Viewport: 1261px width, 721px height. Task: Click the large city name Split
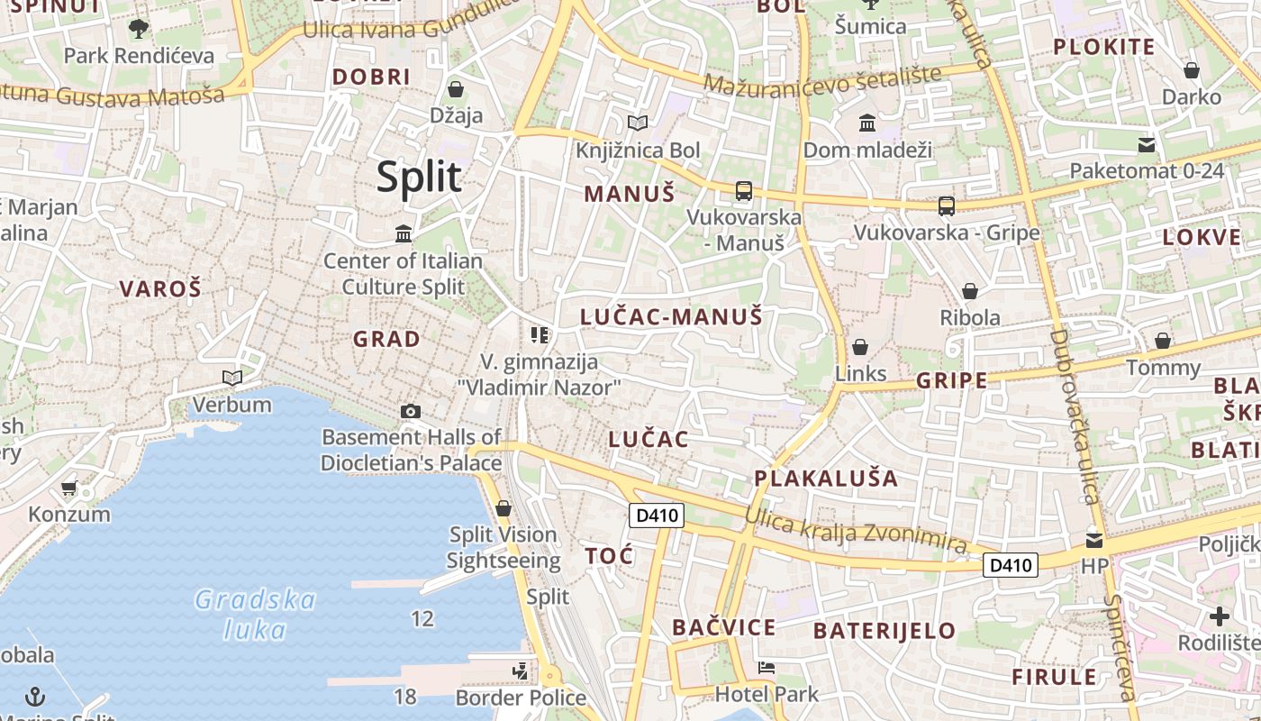pyautogui.click(x=419, y=177)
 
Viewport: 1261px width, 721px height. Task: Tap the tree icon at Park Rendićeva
pyautogui.click(x=138, y=29)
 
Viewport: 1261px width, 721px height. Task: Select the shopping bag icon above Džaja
pyautogui.click(x=456, y=89)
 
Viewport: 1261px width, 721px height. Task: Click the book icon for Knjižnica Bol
pyautogui.click(x=637, y=123)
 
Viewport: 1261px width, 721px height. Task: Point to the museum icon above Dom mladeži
pyautogui.click(x=866, y=123)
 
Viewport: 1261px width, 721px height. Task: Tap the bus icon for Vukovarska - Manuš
pyautogui.click(x=743, y=190)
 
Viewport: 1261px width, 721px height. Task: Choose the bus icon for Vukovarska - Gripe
pyautogui.click(x=946, y=205)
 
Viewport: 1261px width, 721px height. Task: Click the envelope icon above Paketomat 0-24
pyautogui.click(x=1147, y=144)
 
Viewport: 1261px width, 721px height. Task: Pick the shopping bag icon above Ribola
pyautogui.click(x=970, y=291)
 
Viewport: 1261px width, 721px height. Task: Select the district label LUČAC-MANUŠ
pyautogui.click(x=671, y=316)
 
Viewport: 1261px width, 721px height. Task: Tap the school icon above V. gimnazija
pyautogui.click(x=540, y=335)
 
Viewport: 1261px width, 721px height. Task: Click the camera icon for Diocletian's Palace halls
pyautogui.click(x=411, y=412)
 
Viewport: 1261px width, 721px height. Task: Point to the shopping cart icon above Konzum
pyautogui.click(x=69, y=488)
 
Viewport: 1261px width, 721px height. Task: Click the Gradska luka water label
pyautogui.click(x=255, y=614)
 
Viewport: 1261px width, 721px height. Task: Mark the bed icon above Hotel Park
pyautogui.click(x=767, y=668)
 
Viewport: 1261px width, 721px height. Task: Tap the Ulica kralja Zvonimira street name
pyautogui.click(x=856, y=530)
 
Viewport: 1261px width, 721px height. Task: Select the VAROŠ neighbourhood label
pyautogui.click(x=160, y=289)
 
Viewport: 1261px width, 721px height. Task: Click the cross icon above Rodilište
pyautogui.click(x=1219, y=616)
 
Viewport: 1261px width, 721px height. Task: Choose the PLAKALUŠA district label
pyautogui.click(x=826, y=479)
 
